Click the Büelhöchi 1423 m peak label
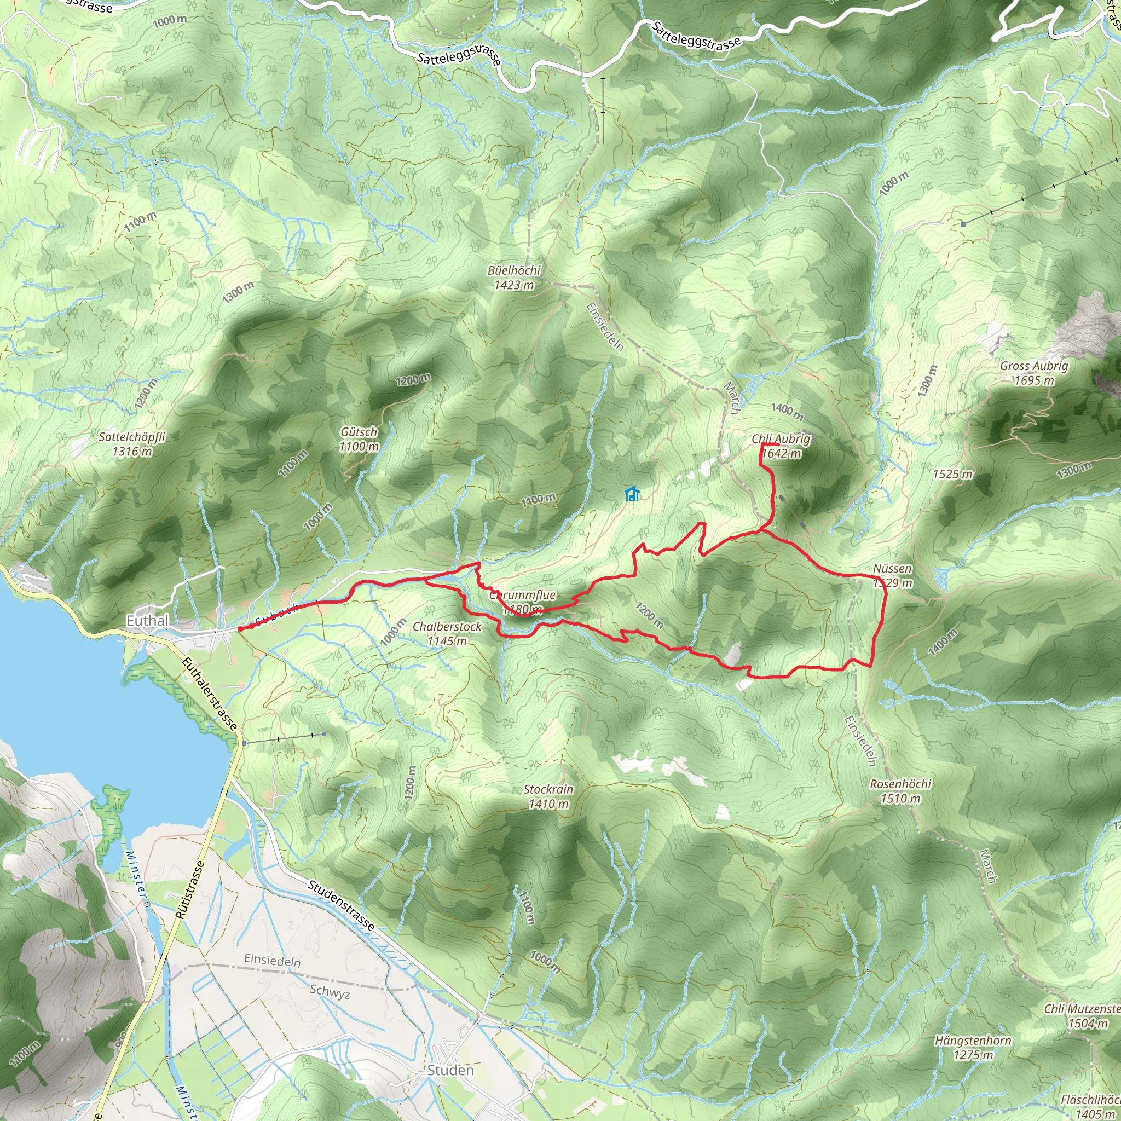point(513,278)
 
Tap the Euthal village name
point(147,620)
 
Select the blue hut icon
point(632,494)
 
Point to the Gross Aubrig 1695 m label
point(1033,373)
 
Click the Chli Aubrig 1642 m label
point(781,446)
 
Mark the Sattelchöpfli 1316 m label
point(132,444)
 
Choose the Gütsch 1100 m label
point(359,439)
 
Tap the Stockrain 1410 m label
point(548,796)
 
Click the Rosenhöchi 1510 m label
point(900,791)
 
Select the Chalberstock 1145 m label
point(447,634)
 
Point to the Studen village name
point(450,1070)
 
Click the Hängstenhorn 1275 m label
point(973,1047)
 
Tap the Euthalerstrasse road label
point(210,694)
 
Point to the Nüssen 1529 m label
point(892,576)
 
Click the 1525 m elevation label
point(952,474)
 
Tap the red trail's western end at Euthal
point(240,629)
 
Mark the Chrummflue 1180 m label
point(522,602)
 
